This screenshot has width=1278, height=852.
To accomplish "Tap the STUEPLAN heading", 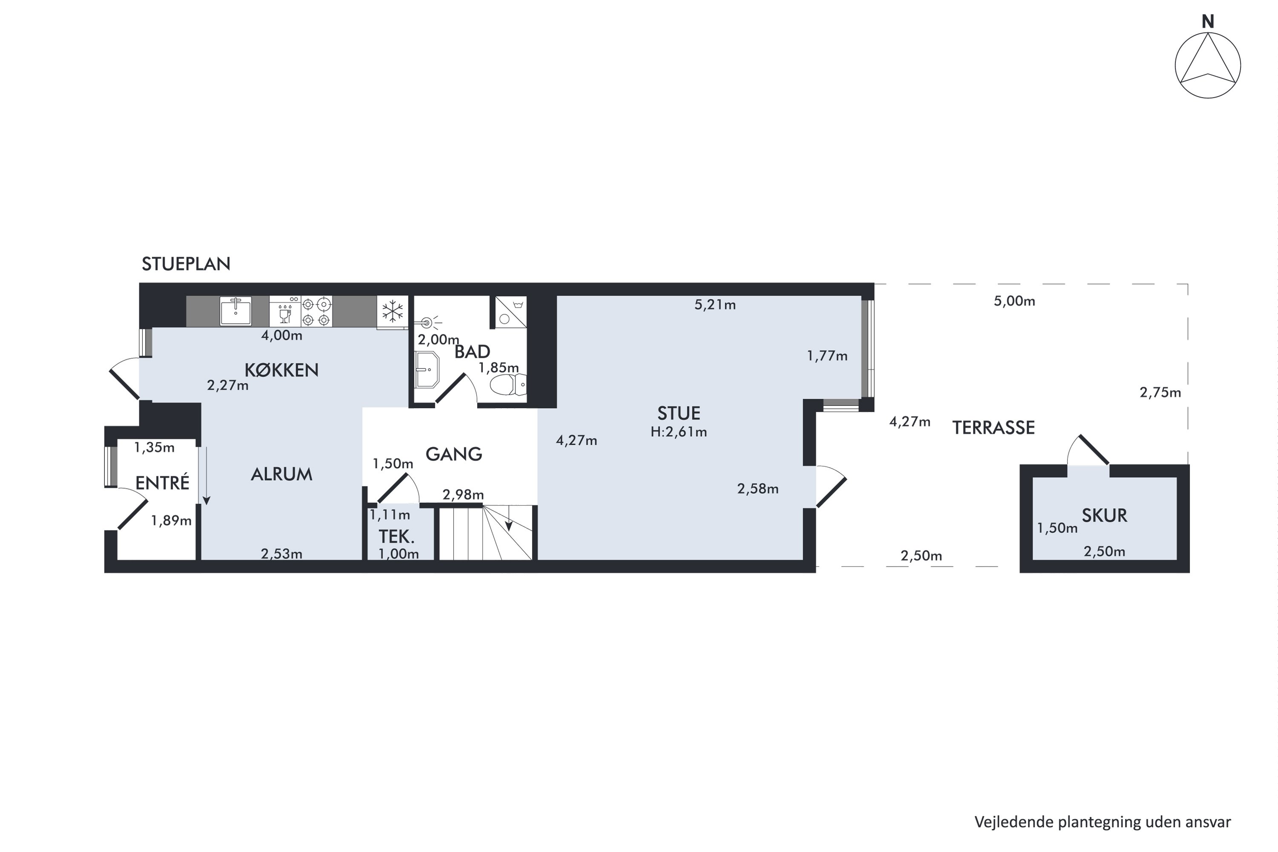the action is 186,264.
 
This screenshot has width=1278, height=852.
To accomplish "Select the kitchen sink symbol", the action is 235,311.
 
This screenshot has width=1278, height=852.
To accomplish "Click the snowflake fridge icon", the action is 392,311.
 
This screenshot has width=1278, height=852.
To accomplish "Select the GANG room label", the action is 454,454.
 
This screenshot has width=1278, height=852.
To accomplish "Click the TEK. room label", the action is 397,537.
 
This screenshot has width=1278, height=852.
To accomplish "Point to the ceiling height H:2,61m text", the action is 679,432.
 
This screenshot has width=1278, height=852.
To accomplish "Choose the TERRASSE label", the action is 993,428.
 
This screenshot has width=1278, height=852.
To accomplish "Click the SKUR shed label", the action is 1104,515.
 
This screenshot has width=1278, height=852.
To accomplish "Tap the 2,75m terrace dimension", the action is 1160,392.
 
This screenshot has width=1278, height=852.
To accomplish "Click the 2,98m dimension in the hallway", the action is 463,495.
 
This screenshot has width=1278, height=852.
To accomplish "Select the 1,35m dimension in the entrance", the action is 154,447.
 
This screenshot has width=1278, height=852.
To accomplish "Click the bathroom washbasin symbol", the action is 426,369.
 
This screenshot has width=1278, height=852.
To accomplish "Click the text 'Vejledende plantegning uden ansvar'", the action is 1102,822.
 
